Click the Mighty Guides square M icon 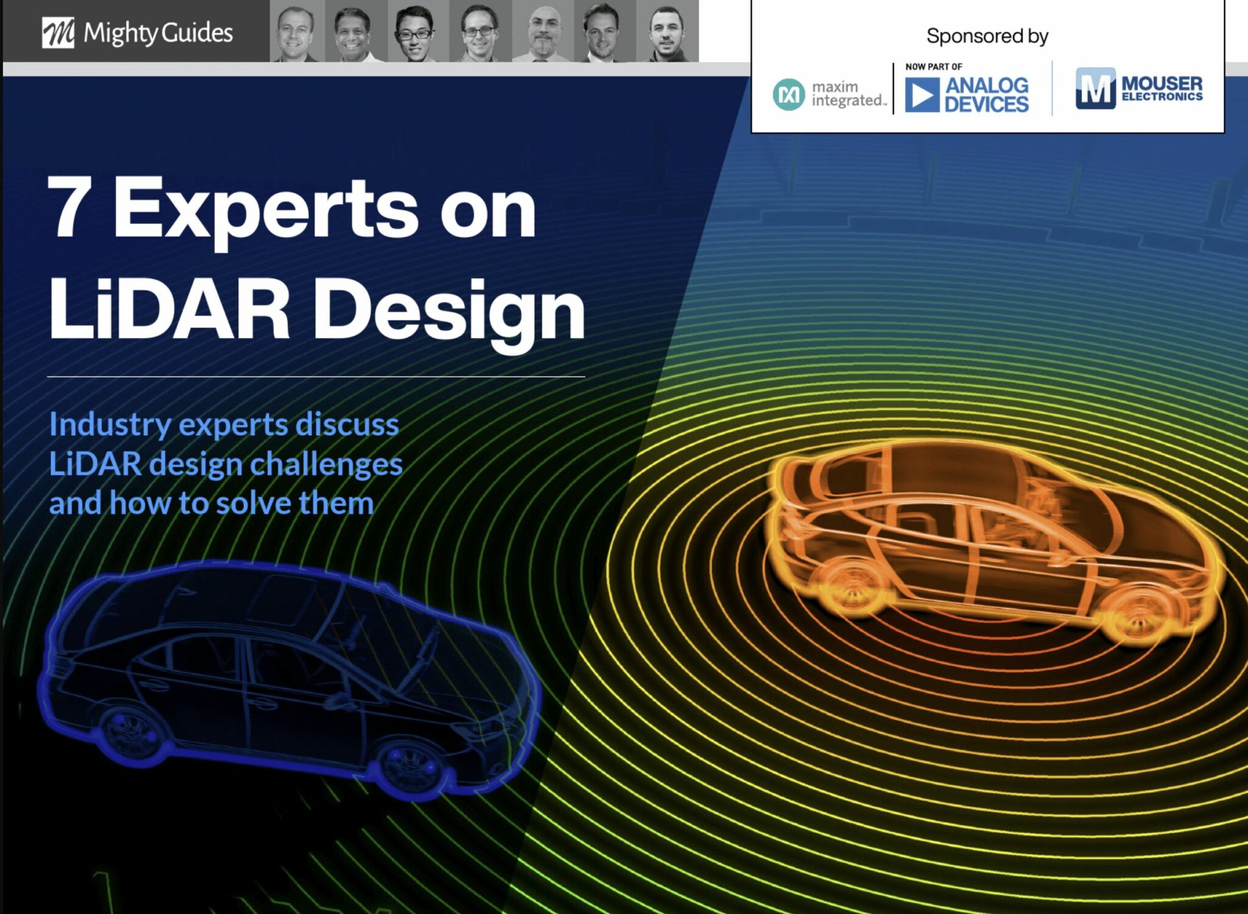[58, 32]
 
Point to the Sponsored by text [987, 37]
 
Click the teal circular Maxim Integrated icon [789, 94]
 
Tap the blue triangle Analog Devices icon [921, 95]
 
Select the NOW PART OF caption [934, 66]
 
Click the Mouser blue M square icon [1095, 88]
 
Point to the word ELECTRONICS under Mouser [1162, 96]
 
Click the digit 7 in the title [69, 207]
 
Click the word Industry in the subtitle [110, 425]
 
